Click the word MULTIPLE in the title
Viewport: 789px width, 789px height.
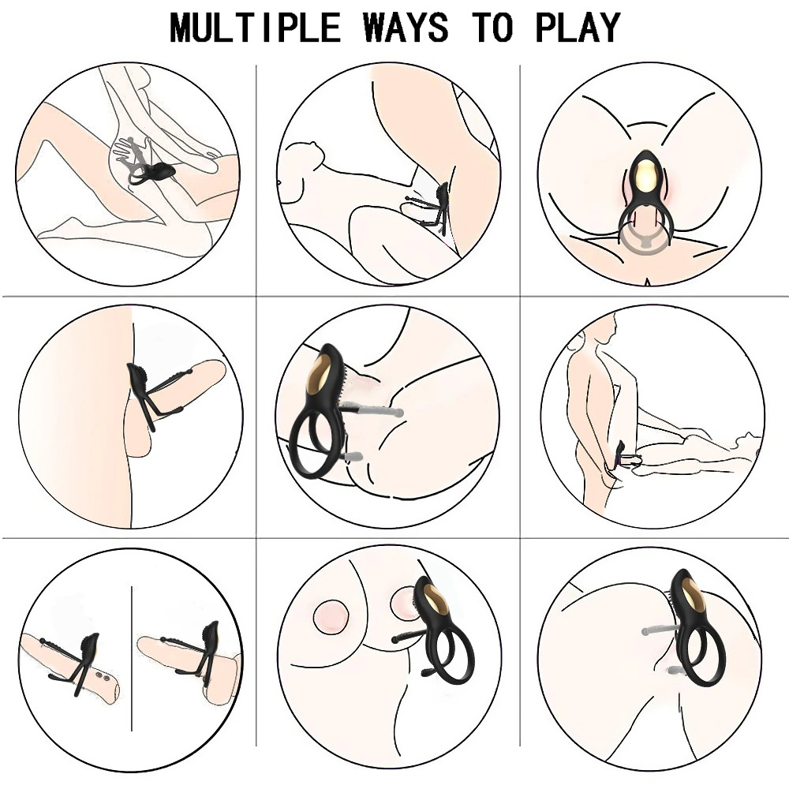tap(255, 27)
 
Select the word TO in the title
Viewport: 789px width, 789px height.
tap(492, 27)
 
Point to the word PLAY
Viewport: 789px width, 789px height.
tap(578, 27)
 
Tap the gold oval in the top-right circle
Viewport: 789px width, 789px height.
tap(647, 174)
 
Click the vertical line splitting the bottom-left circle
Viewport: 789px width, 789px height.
tap(131, 658)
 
